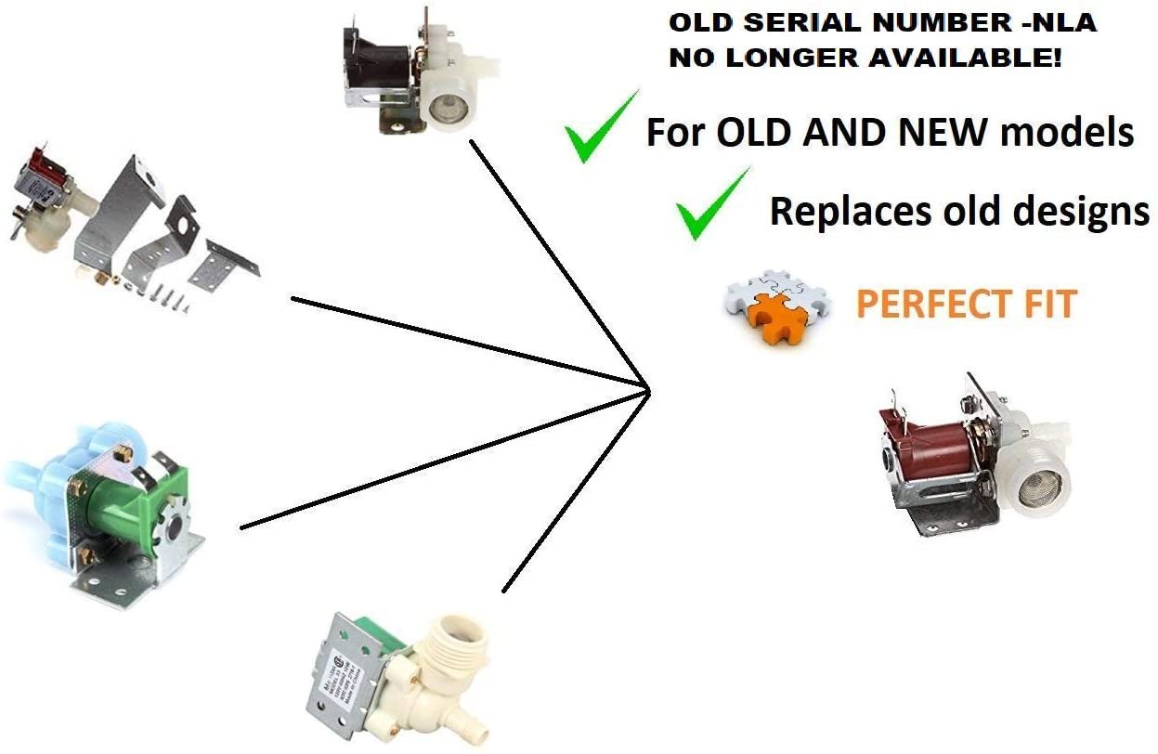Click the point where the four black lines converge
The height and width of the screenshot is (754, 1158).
point(647,388)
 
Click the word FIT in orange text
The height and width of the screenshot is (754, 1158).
point(1047,305)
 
